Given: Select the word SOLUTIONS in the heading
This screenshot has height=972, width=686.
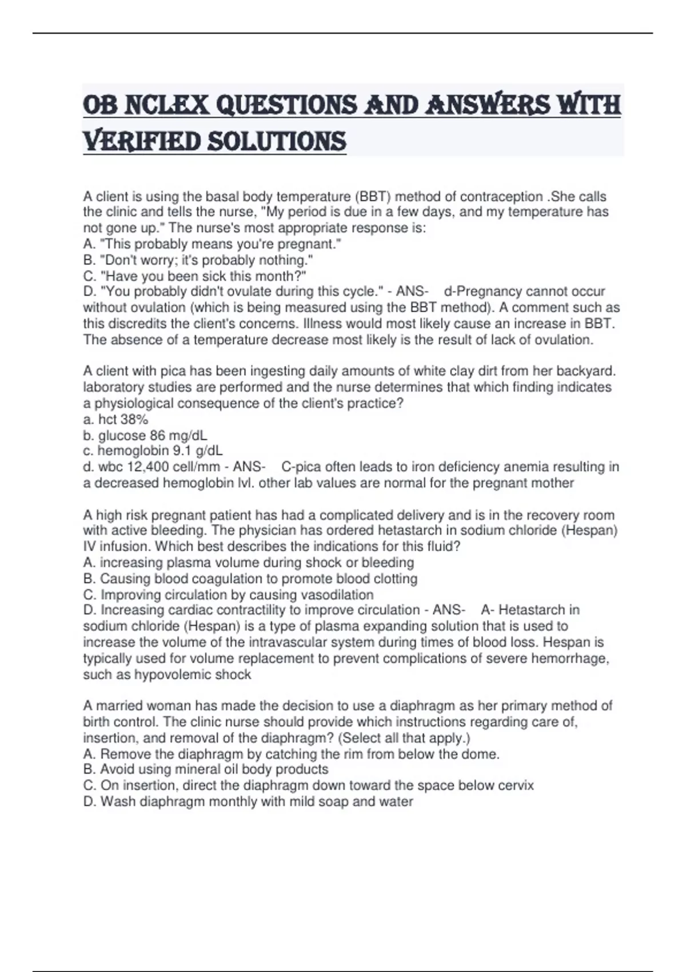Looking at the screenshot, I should click(277, 141).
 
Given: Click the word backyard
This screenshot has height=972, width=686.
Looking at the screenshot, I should click(588, 371).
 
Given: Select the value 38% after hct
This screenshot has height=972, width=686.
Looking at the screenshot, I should click(134, 419).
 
